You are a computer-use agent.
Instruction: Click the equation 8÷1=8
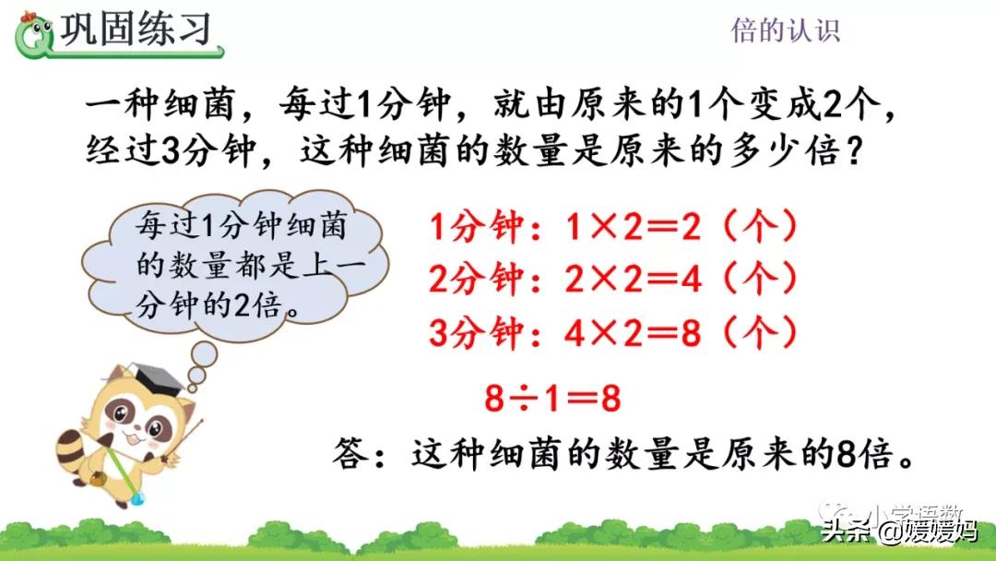[552, 399]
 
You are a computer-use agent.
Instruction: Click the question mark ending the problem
[856, 151]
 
